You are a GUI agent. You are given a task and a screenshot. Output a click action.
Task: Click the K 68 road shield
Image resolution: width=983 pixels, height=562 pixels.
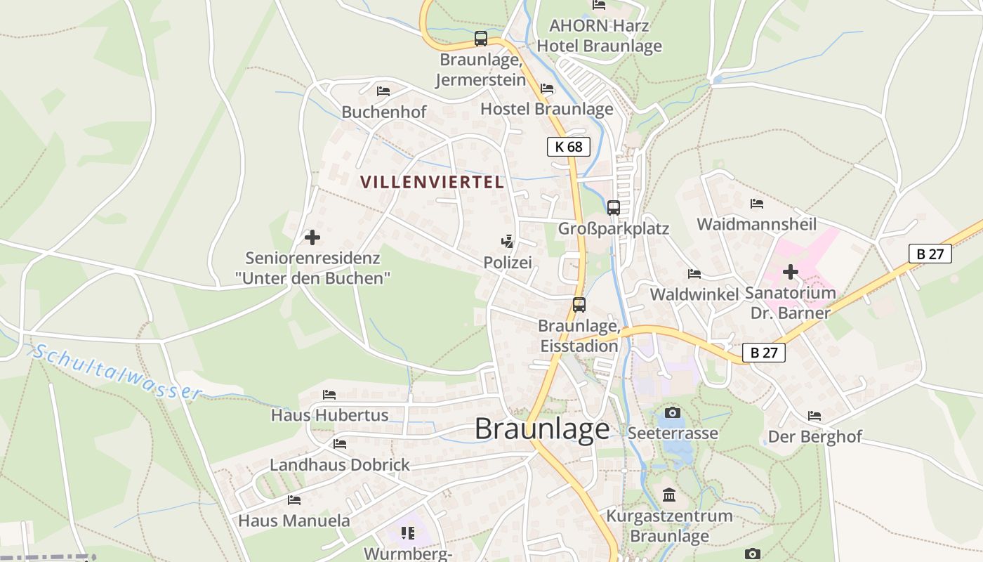click(x=568, y=146)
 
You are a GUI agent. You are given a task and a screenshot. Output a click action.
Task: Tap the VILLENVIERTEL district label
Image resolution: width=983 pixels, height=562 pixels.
click(x=432, y=182)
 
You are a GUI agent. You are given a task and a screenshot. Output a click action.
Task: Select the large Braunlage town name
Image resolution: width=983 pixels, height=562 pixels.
click(x=542, y=429)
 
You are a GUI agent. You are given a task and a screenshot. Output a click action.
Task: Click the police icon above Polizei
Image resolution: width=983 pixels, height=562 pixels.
click(x=507, y=242)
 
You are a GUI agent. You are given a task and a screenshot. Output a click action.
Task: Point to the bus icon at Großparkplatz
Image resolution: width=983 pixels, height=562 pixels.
click(x=613, y=207)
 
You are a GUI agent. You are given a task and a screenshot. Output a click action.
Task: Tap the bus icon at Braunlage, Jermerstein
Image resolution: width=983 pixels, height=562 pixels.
click(x=480, y=39)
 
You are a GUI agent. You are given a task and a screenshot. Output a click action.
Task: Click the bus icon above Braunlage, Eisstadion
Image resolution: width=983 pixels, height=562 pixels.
click(x=579, y=304)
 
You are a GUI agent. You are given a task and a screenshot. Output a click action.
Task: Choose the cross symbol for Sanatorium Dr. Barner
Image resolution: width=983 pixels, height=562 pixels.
click(x=791, y=271)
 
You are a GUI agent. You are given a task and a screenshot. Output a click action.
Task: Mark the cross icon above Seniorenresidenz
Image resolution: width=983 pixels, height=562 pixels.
click(x=312, y=237)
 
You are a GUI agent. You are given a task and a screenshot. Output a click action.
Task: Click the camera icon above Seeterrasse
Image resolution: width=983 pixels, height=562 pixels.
click(x=672, y=412)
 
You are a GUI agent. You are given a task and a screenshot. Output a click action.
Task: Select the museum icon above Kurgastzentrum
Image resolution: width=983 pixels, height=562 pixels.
click(x=668, y=495)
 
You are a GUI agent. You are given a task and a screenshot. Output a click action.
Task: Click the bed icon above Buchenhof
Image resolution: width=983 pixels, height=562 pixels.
click(x=383, y=91)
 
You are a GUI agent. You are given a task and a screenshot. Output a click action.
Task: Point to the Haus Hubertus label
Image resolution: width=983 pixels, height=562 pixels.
click(x=329, y=415)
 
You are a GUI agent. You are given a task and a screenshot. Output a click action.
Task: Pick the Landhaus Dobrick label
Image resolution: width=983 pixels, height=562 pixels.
click(x=340, y=465)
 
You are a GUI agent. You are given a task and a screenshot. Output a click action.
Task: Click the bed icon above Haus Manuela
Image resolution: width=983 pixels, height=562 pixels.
click(x=294, y=500)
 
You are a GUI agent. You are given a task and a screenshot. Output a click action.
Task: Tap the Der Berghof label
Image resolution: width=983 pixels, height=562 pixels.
click(x=814, y=436)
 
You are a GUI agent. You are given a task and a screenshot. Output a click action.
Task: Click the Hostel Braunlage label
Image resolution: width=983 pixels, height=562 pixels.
click(x=546, y=109)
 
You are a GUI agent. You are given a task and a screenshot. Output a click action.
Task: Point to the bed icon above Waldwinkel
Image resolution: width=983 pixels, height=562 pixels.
click(x=694, y=274)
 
